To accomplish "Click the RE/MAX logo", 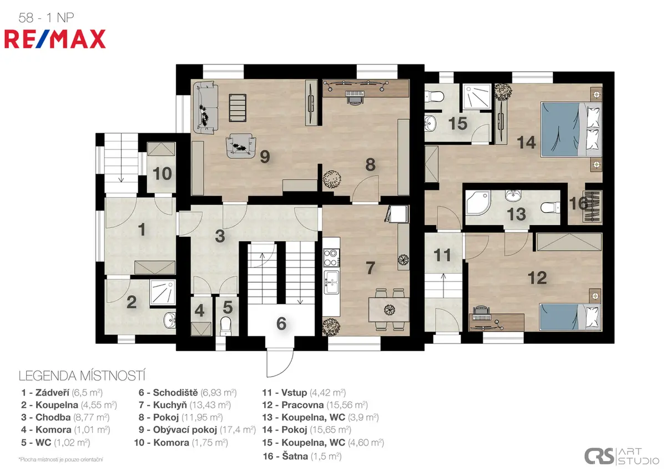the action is pos(55,39).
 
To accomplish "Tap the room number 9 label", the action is pos(265,157).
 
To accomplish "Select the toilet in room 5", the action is pos(226,326).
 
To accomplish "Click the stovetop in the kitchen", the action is pos(331,258).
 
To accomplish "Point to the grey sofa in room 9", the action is pos(205,108).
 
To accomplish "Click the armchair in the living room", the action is pos(241,146).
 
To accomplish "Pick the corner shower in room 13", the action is pos(477,203).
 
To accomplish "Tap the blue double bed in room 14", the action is pos(571,129).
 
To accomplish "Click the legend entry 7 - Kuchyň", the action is pos(184,405).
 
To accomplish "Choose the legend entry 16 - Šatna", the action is pos(302,456).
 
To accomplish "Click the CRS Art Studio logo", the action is pos(622,456).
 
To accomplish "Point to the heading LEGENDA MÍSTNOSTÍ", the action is pos(82,376).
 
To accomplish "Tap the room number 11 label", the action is pos(442,255).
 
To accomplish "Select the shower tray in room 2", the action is pos(162,292).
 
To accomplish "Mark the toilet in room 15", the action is pos(435,97).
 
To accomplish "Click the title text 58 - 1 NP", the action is pos(46,18).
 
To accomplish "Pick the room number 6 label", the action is pos(281,323).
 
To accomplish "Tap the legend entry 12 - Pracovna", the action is pos(315,405).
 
